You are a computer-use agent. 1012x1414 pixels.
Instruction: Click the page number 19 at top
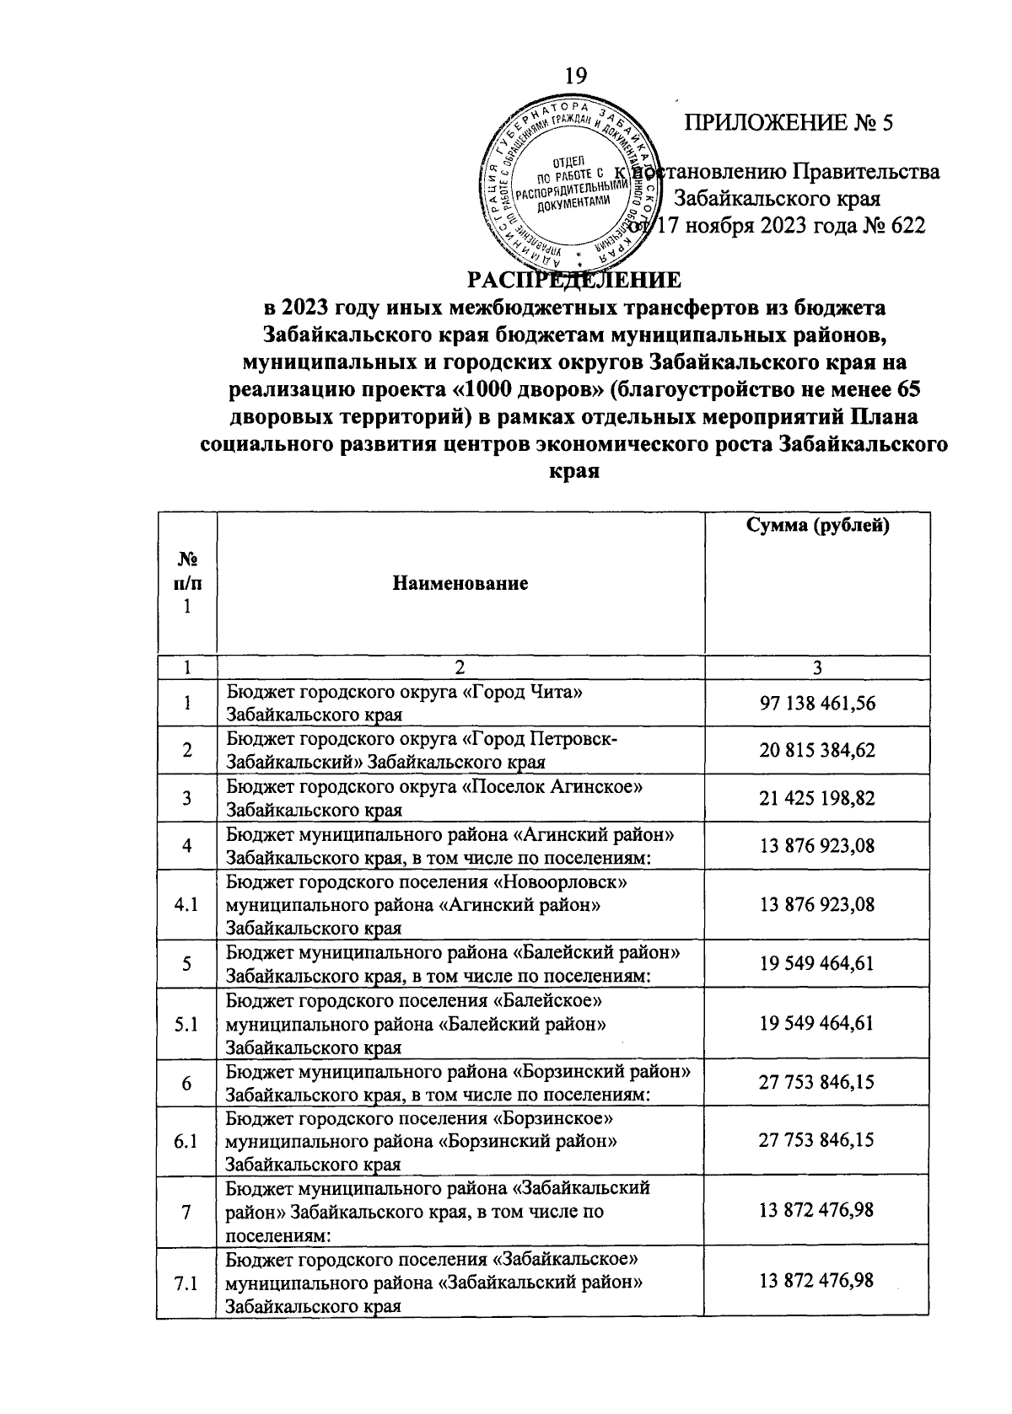coord(576,75)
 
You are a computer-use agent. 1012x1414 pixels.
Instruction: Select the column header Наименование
coord(460,583)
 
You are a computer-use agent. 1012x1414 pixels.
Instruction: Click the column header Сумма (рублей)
coord(817,527)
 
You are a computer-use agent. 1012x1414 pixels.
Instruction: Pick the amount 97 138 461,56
coord(816,703)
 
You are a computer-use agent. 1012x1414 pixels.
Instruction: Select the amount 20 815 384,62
coord(816,750)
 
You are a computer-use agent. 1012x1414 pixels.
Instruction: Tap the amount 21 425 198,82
coord(816,798)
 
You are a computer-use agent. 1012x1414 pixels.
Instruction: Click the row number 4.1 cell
coord(186,905)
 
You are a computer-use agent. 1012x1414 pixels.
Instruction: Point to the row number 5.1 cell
coord(186,1024)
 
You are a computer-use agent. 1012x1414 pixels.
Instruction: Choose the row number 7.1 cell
coord(186,1283)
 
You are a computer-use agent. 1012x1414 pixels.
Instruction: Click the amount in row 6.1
coord(816,1141)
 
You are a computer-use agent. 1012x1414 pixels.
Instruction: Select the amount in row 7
coord(816,1211)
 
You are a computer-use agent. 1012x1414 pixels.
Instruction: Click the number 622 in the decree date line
coord(906,226)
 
